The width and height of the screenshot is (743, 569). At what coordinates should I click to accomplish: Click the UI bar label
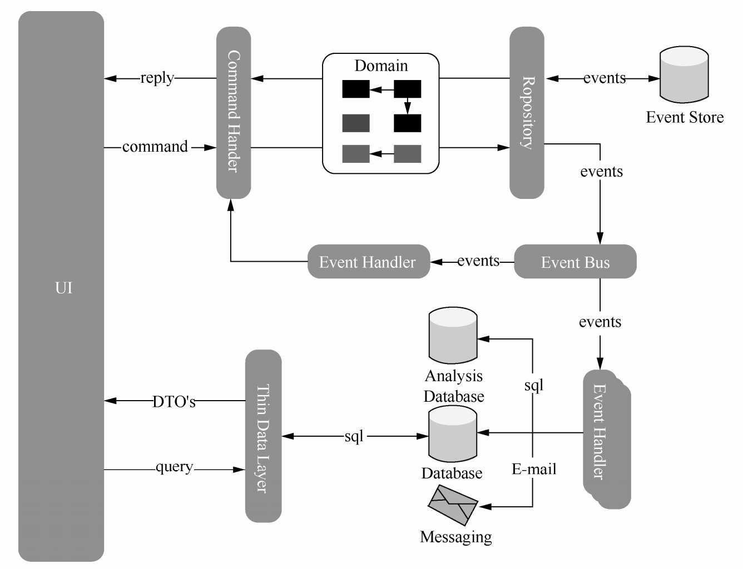click(63, 288)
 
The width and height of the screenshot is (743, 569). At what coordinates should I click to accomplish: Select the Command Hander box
click(234, 112)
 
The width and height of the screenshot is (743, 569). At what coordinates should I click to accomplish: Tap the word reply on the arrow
click(157, 78)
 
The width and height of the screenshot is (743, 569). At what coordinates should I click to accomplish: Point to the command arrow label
click(155, 147)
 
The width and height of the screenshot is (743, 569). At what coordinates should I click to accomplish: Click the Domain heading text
click(381, 66)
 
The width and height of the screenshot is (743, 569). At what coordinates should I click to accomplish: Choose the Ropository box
click(527, 112)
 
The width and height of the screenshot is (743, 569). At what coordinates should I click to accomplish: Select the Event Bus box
click(575, 262)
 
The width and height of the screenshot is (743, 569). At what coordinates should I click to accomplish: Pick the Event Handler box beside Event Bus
click(368, 262)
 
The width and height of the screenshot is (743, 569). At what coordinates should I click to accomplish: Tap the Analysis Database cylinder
click(453, 336)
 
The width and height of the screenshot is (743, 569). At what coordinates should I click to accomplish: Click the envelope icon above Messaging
click(453, 505)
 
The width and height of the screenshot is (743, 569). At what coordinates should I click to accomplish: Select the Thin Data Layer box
click(263, 436)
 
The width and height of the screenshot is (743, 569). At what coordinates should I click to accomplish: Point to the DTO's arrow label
click(174, 402)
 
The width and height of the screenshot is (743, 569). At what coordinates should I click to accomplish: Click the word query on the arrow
click(174, 467)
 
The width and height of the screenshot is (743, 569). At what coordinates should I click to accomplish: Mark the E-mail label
click(534, 470)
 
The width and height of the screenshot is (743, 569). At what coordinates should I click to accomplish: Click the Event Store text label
click(685, 117)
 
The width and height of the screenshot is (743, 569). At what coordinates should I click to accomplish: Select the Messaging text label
click(456, 537)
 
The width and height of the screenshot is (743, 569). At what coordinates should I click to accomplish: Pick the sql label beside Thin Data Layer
click(354, 437)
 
